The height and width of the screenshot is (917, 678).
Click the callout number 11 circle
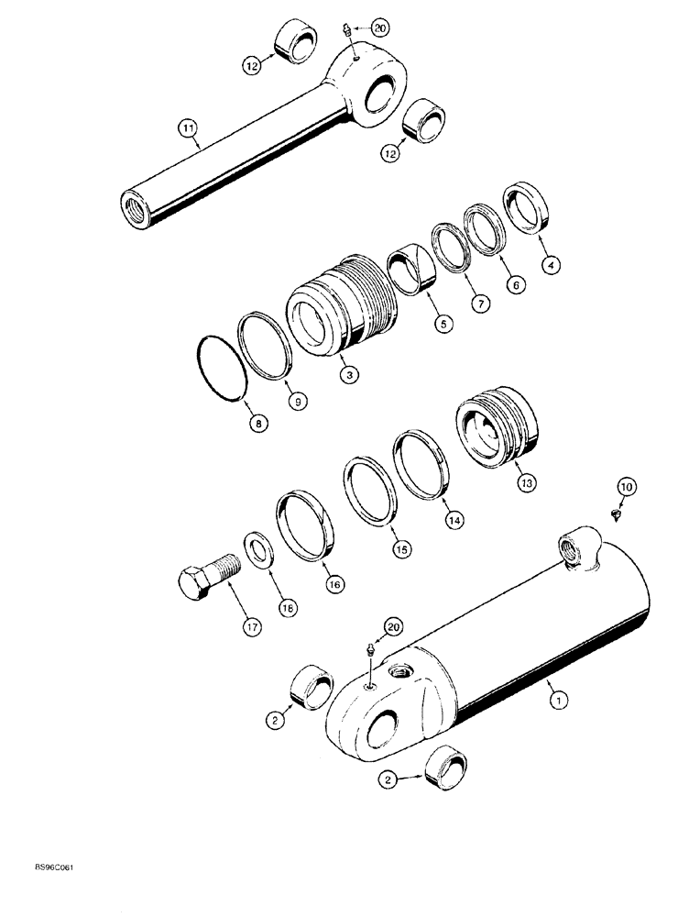(x=188, y=130)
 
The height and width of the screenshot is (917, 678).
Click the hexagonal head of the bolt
(x=193, y=580)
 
